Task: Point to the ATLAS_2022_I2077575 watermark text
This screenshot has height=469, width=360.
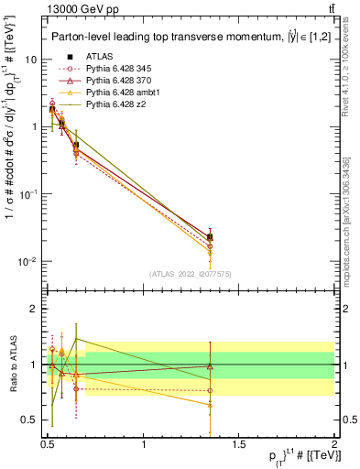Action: click(x=191, y=273)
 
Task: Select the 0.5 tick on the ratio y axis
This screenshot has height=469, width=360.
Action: click(x=31, y=420)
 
